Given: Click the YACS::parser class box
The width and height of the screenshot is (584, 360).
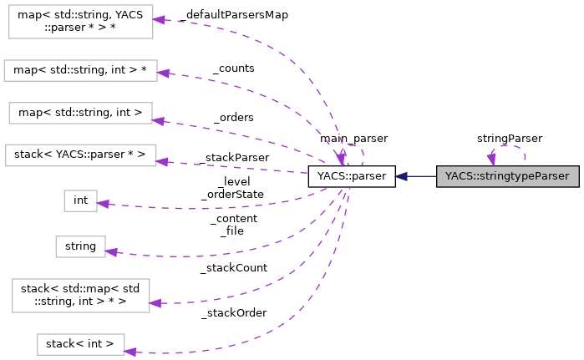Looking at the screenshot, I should (351, 176).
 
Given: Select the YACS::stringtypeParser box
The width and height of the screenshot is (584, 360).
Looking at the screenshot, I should (507, 176).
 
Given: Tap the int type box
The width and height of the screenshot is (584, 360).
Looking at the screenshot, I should (80, 200).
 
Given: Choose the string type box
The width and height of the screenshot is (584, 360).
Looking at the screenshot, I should (80, 246).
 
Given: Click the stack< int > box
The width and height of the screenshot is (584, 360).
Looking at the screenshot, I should (80, 344).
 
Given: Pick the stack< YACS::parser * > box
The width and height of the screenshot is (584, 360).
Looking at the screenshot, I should (80, 155).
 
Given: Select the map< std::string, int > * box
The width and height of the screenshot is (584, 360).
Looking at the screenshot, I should (80, 70).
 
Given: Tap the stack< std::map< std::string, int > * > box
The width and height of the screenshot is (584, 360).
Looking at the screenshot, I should (80, 295).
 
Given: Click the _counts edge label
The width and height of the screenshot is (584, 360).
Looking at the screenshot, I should (233, 68).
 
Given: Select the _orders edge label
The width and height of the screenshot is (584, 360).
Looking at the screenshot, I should (233, 117).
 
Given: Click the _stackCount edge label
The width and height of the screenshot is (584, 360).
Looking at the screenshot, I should (233, 268).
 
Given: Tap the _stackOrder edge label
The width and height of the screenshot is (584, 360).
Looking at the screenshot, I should (233, 312).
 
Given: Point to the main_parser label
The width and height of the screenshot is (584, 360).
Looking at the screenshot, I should (353, 138).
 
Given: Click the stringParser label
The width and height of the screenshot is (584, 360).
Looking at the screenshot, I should (509, 138).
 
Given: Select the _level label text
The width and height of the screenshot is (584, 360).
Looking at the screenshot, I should (233, 181).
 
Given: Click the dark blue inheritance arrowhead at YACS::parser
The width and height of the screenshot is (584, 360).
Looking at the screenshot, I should (402, 176).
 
